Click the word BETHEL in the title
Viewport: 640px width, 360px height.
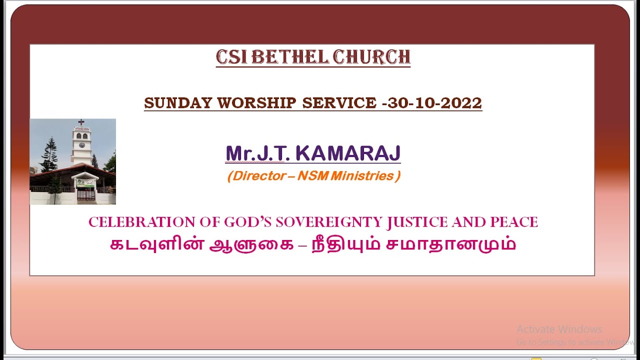[289, 57]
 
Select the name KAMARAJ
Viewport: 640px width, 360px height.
[348, 153]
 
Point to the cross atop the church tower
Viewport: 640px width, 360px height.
[81, 122]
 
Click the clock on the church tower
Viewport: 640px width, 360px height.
[81, 145]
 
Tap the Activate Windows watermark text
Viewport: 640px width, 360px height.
[559, 329]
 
